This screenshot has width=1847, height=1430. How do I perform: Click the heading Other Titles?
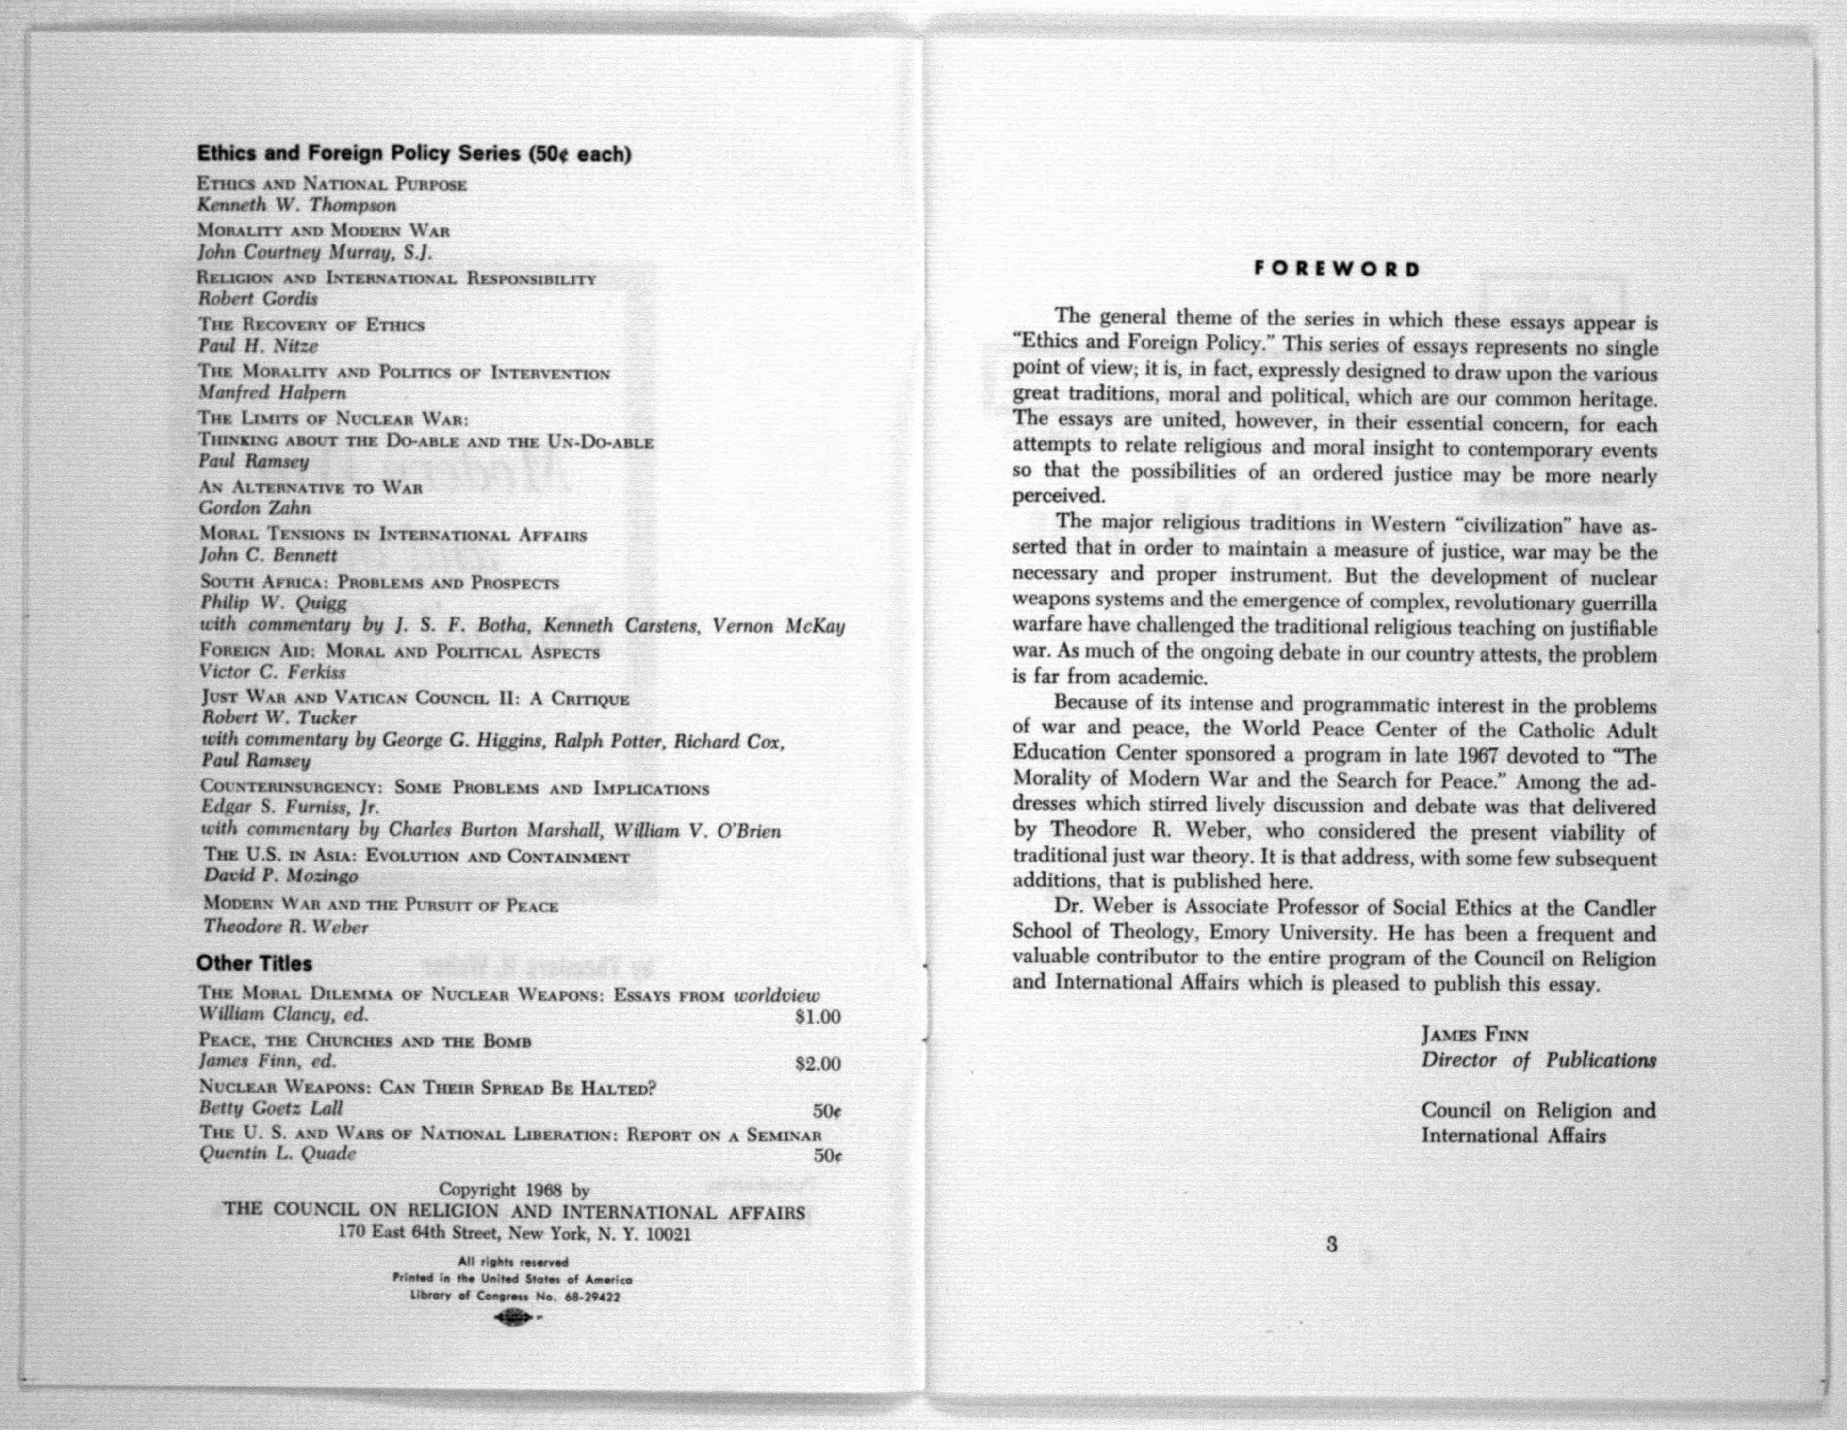[254, 963]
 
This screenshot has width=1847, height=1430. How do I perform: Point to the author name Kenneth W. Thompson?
[297, 206]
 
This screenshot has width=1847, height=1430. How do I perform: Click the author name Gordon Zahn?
[255, 508]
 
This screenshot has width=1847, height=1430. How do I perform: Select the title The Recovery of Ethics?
[311, 325]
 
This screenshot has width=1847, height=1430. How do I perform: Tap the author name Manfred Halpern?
[272, 393]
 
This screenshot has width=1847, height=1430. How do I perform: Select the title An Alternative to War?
[311, 488]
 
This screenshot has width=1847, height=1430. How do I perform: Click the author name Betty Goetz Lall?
[271, 1108]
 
